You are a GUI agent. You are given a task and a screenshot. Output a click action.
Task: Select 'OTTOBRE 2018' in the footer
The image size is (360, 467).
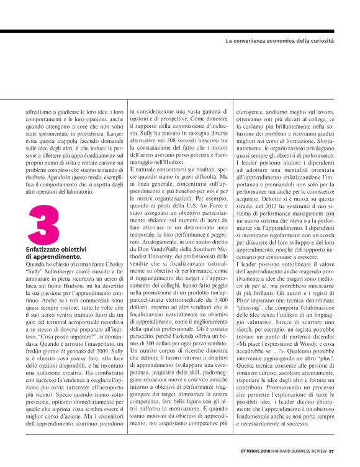(x=255, y=450)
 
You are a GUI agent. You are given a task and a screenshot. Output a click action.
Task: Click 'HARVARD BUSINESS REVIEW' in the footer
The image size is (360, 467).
(x=301, y=450)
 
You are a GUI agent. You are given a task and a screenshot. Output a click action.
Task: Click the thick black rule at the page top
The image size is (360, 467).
(x=180, y=30)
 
